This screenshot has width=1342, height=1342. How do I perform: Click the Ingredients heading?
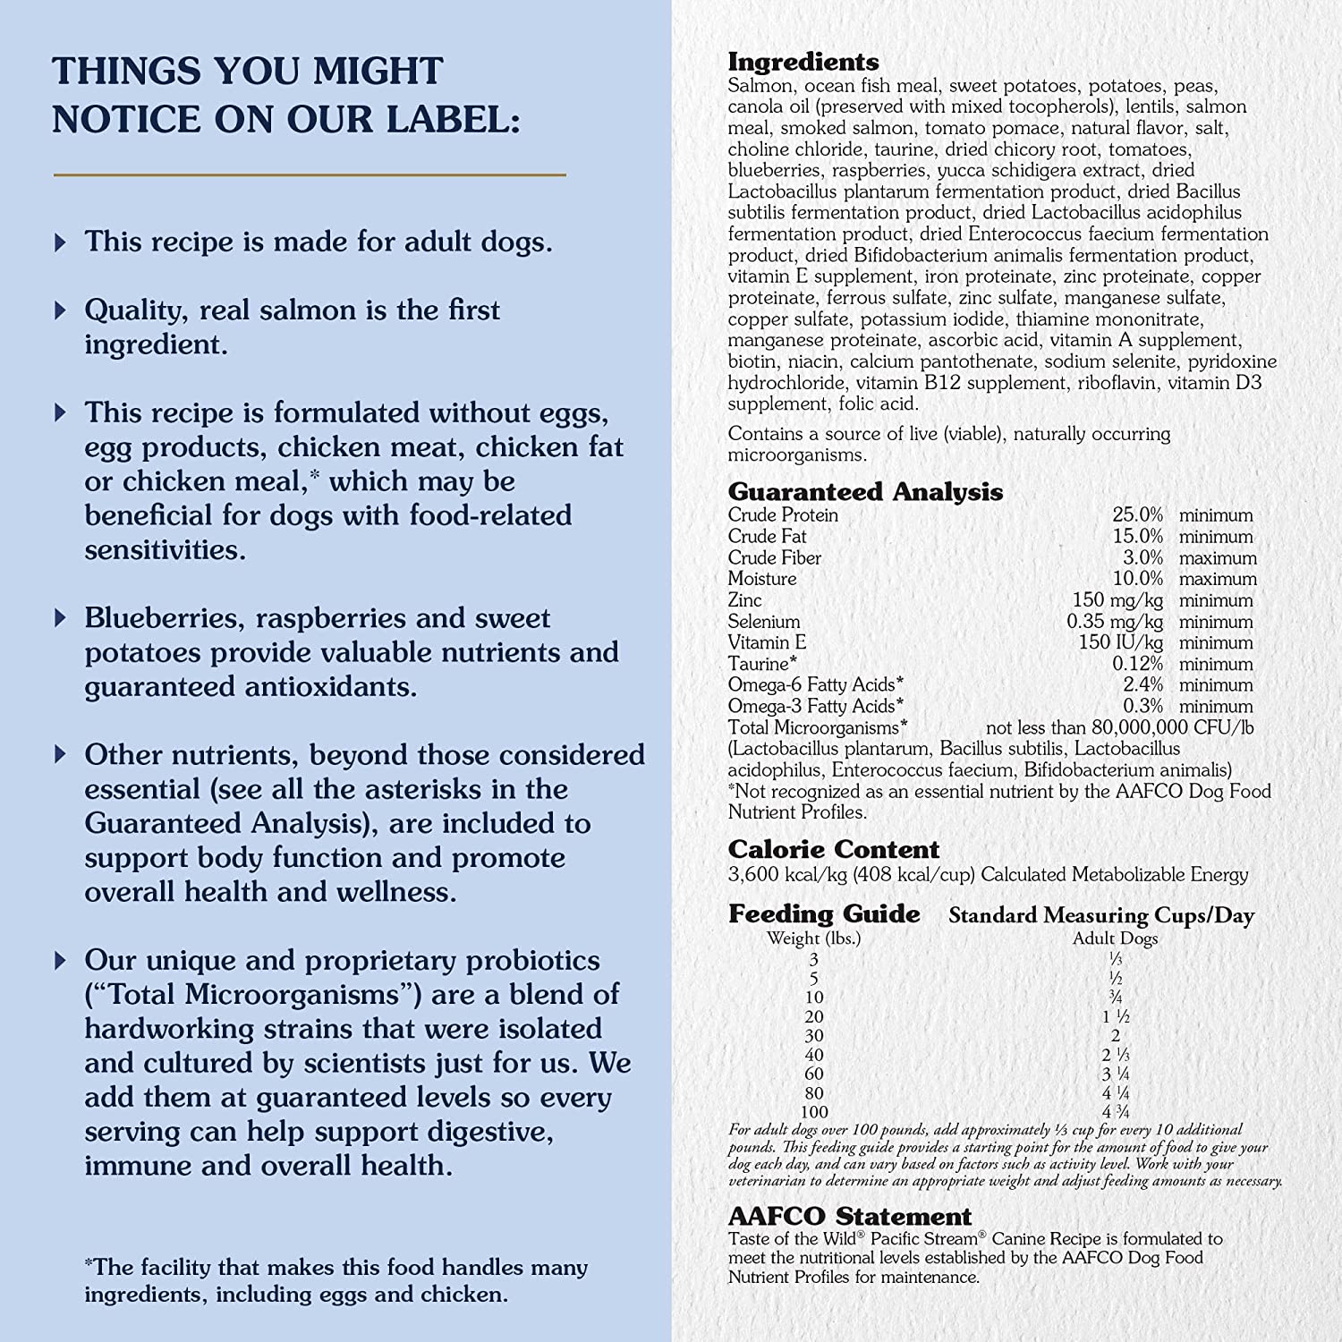pyautogui.click(x=803, y=62)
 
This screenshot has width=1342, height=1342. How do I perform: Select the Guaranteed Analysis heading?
pyautogui.click(x=864, y=491)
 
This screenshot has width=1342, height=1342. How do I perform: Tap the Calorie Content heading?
pyautogui.click(x=833, y=849)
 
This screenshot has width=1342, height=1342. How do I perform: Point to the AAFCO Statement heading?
pyautogui.click(x=849, y=1217)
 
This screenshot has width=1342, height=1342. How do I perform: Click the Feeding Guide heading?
pyautogui.click(x=823, y=913)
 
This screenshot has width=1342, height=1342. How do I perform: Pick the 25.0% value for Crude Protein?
pyautogui.click(x=1137, y=515)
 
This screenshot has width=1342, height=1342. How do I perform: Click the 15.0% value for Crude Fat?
pyautogui.click(x=1137, y=537)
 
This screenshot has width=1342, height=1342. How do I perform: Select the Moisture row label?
pyautogui.click(x=761, y=579)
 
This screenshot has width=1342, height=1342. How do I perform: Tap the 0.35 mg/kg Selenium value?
pyautogui.click(x=1115, y=622)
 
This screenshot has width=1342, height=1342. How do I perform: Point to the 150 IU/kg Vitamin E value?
pyautogui.click(x=1120, y=642)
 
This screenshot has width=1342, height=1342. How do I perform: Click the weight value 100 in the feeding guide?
pyautogui.click(x=814, y=1112)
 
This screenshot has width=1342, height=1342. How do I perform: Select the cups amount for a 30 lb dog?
pyautogui.click(x=1115, y=1036)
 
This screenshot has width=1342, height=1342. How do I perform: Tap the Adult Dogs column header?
pyautogui.click(x=1115, y=939)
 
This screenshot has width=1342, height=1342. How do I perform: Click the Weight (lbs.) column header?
pyautogui.click(x=813, y=939)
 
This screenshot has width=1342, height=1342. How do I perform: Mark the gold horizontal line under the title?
pyautogui.click(x=310, y=174)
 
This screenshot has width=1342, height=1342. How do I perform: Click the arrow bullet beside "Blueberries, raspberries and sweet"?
pyautogui.click(x=60, y=618)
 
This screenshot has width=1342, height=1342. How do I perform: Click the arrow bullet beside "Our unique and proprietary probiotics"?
pyautogui.click(x=60, y=961)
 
